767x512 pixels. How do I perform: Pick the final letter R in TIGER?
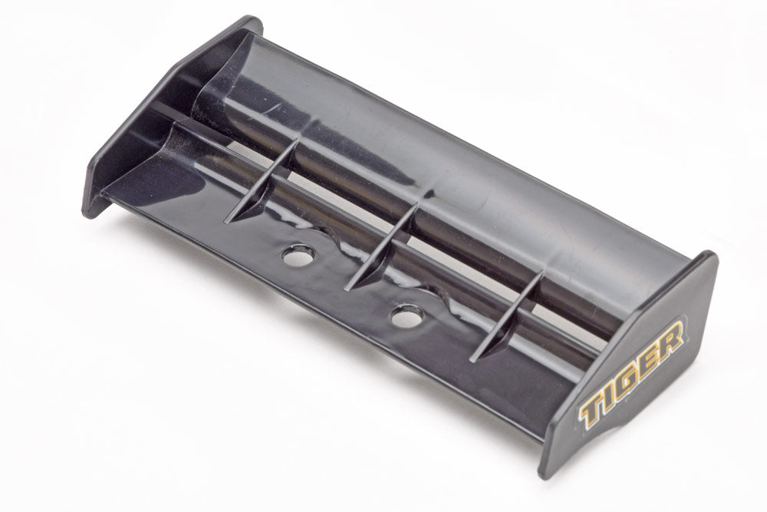(x=671, y=338)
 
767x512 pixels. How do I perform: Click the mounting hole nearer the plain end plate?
(x=299, y=255)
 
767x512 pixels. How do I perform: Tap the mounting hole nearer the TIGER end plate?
(x=407, y=316)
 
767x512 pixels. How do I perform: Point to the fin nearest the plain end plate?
(x=262, y=181)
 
